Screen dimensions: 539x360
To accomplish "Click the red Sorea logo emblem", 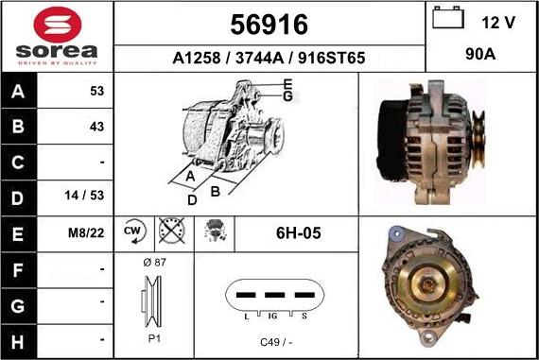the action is click(58, 25).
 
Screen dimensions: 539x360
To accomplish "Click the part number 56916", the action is click(269, 25).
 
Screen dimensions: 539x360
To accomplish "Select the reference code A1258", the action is click(197, 58).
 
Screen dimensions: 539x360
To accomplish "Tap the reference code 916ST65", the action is click(331, 58).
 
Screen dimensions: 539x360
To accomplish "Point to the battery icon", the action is click(448, 18).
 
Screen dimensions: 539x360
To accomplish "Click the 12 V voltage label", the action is click(498, 23).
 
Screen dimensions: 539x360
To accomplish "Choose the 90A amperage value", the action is click(480, 54).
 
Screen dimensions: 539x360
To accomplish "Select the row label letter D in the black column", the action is click(18, 198).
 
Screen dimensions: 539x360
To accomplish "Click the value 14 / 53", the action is click(84, 195).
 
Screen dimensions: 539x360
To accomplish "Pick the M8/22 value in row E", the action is click(86, 233).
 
